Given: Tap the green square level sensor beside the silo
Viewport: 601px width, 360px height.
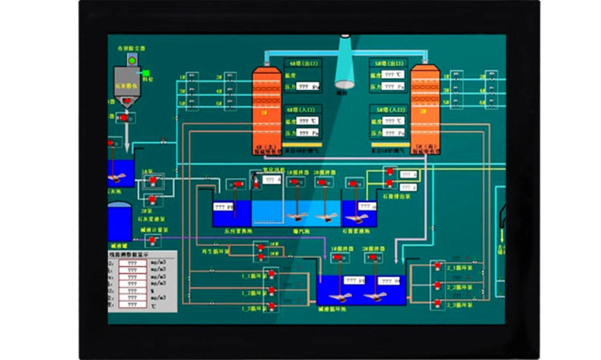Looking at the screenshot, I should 145,73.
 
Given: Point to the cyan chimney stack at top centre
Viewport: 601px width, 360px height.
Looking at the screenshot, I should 345,63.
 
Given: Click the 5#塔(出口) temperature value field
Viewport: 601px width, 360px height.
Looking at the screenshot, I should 393,75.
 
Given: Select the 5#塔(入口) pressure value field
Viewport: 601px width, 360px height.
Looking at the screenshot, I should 393,133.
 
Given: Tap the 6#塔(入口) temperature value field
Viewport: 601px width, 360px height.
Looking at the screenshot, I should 308,121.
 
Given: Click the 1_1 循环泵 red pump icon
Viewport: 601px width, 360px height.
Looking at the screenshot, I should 272,275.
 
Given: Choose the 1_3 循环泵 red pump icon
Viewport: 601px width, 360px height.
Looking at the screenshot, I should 272,307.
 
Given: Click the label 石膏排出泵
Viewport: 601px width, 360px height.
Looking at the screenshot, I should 396,196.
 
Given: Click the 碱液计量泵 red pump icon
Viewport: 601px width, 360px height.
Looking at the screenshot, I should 153,240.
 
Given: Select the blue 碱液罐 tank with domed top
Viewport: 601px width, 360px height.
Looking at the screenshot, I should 119,222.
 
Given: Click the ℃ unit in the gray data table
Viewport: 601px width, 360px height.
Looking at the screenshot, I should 155,306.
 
